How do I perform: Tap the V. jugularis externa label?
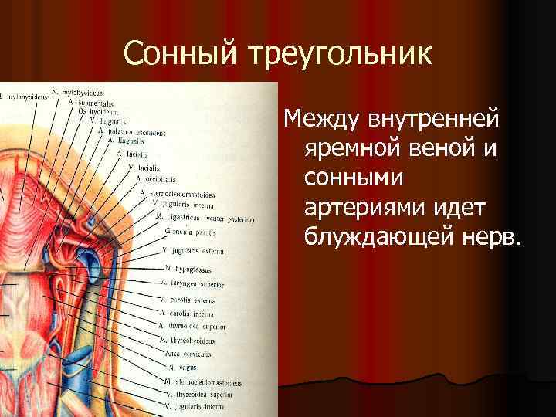192,250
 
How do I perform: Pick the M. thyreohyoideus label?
186,340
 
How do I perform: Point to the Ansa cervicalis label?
188,353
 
